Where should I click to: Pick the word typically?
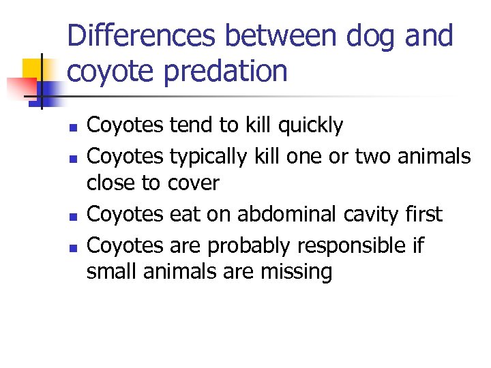209,156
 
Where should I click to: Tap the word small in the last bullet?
110,271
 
